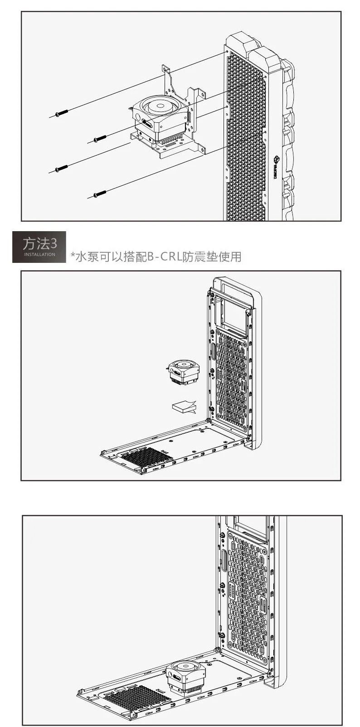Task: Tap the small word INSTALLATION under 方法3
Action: (39, 255)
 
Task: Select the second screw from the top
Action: (100, 138)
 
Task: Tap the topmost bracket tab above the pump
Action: (166, 69)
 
